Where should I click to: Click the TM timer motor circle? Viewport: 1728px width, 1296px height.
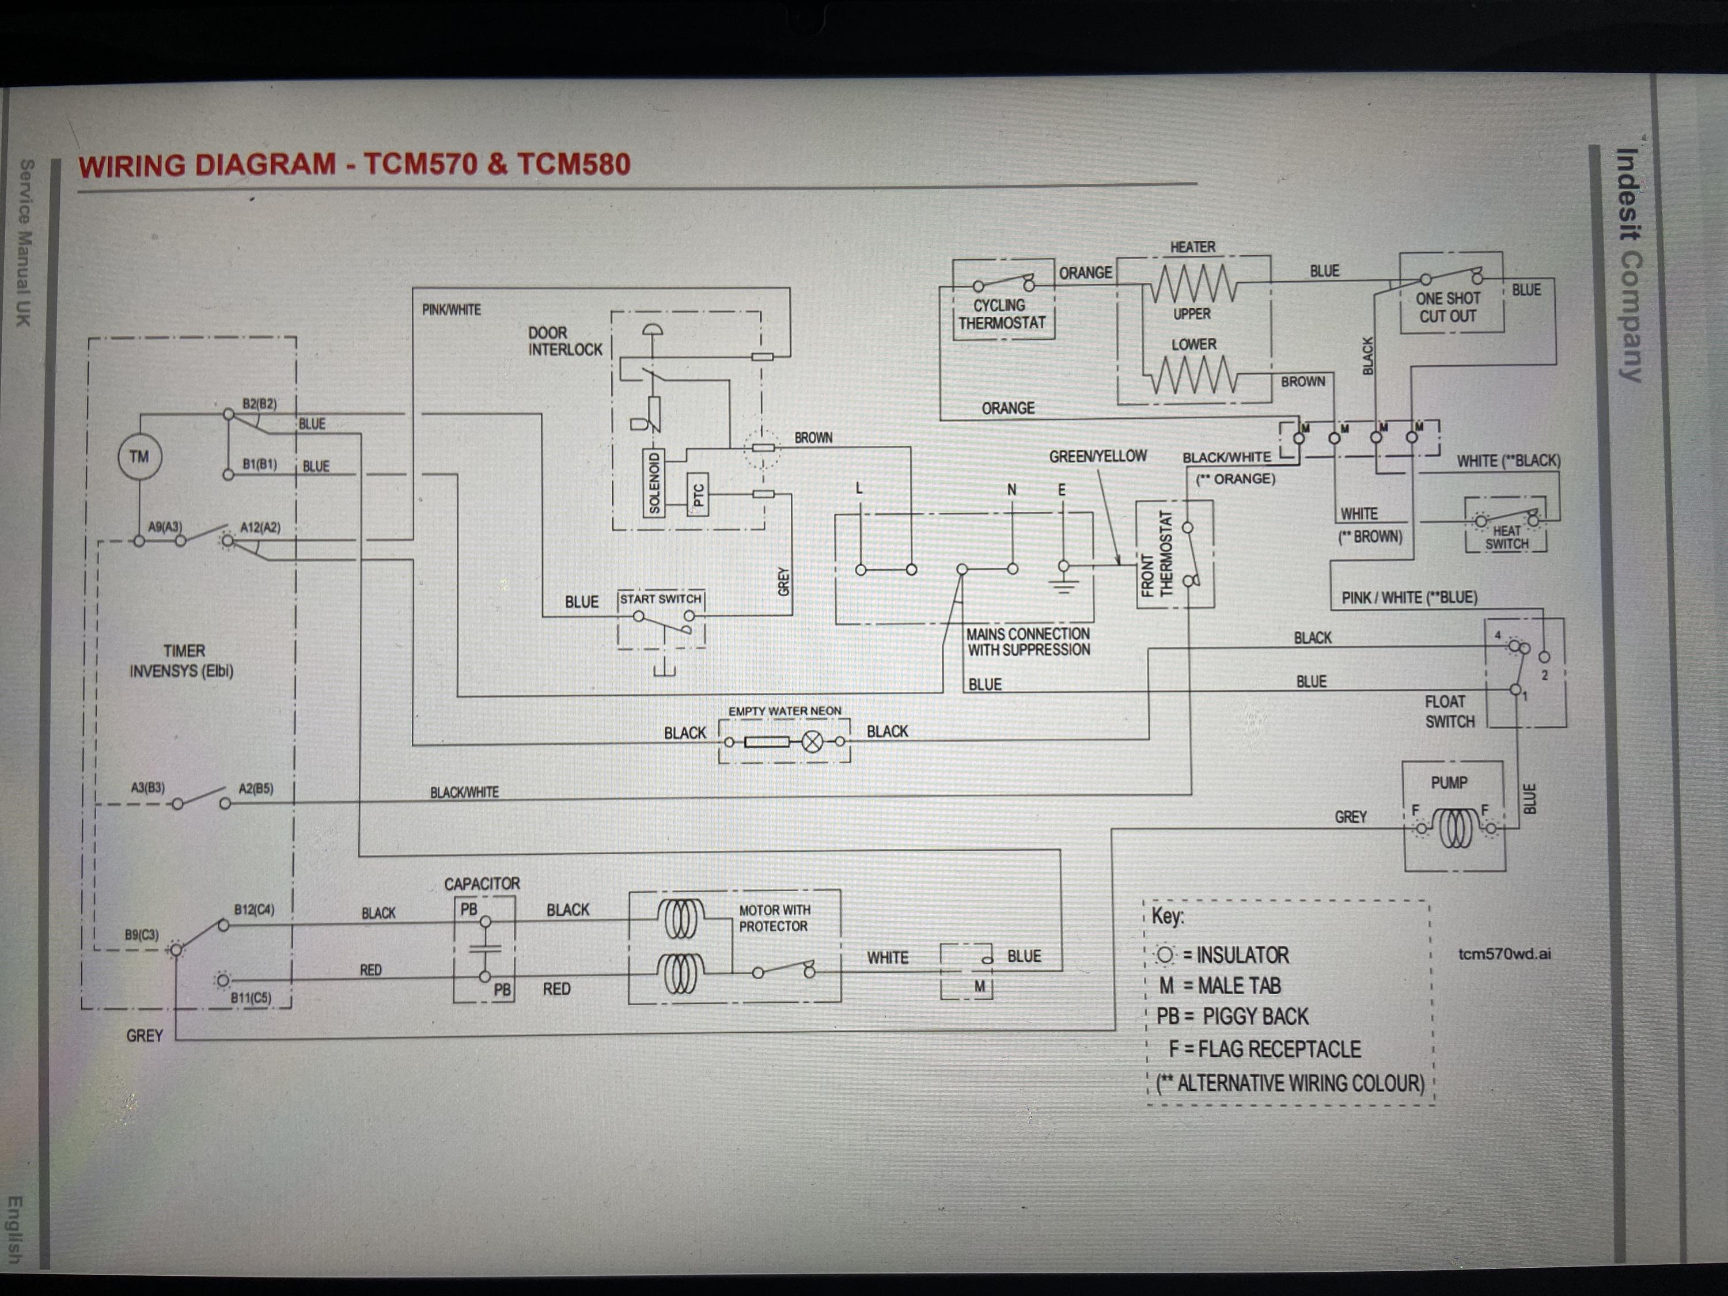point(139,457)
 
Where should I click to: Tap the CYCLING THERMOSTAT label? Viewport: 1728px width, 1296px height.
point(1002,314)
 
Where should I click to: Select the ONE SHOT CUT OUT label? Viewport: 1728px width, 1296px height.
point(1447,307)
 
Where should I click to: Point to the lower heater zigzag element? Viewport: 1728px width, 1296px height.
point(1192,376)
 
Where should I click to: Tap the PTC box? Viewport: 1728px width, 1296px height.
point(698,494)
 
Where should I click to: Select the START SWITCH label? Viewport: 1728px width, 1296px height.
point(661,599)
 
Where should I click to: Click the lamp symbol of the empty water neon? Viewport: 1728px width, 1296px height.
point(812,741)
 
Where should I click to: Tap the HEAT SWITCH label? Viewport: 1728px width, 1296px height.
point(1506,537)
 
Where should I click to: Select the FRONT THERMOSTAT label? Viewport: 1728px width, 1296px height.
point(1158,554)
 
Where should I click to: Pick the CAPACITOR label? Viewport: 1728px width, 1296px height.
point(482,884)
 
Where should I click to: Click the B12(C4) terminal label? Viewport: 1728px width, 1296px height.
point(254,910)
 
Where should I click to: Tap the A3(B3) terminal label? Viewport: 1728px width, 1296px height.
point(147,787)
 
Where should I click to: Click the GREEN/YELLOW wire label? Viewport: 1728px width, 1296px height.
point(1098,456)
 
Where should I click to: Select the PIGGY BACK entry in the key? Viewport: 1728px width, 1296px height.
point(1232,1016)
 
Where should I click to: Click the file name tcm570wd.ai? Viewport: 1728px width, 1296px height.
point(1504,954)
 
